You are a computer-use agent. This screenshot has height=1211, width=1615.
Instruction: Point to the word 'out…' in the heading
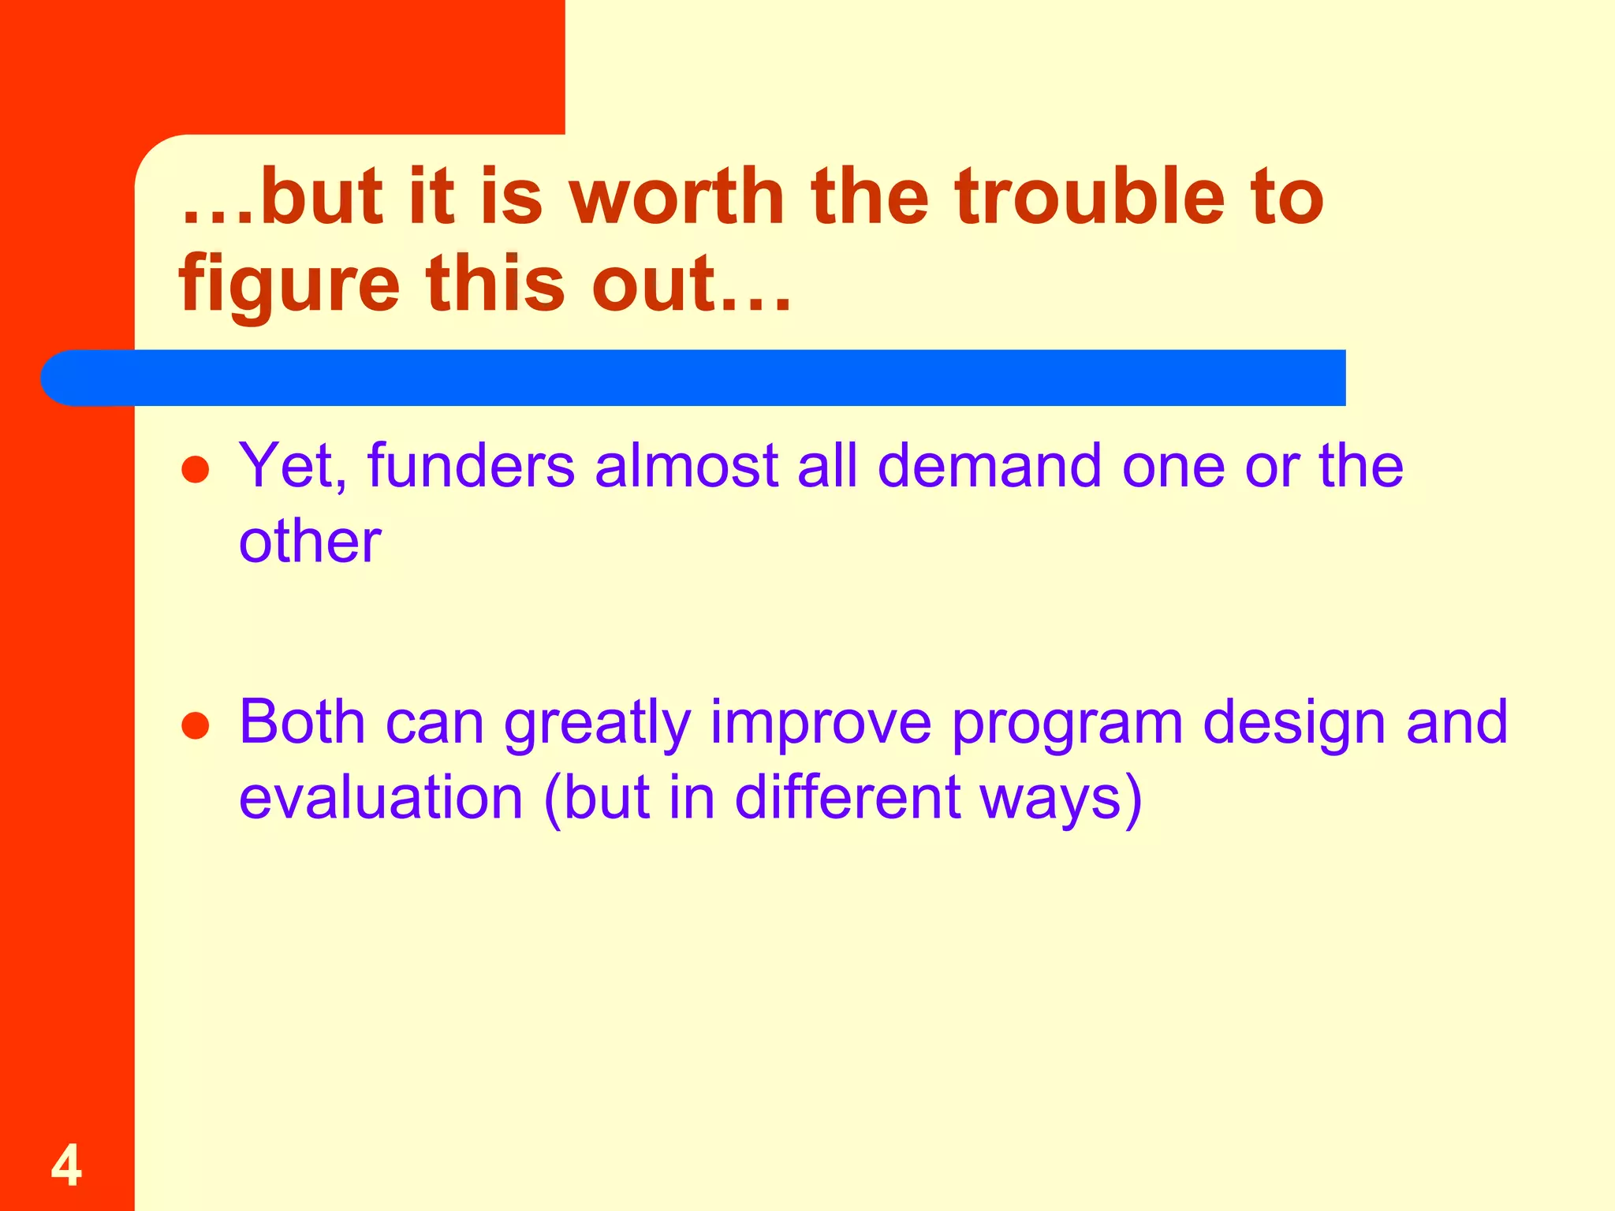(691, 284)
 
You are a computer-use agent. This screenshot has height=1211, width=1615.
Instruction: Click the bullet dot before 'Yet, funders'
(195, 471)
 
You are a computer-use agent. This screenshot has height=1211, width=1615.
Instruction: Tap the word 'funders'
(471, 467)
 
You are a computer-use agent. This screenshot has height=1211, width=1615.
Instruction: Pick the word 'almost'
(686, 467)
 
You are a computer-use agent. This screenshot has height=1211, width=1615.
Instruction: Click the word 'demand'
(989, 467)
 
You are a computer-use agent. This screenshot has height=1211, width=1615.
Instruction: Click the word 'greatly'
(597, 724)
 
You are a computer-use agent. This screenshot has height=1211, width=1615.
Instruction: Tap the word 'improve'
(820, 724)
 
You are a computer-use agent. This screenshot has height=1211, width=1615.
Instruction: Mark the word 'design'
(1294, 724)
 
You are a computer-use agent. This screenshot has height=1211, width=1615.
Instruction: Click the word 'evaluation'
(381, 798)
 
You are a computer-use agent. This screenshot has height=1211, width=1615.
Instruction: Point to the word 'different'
(848, 798)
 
